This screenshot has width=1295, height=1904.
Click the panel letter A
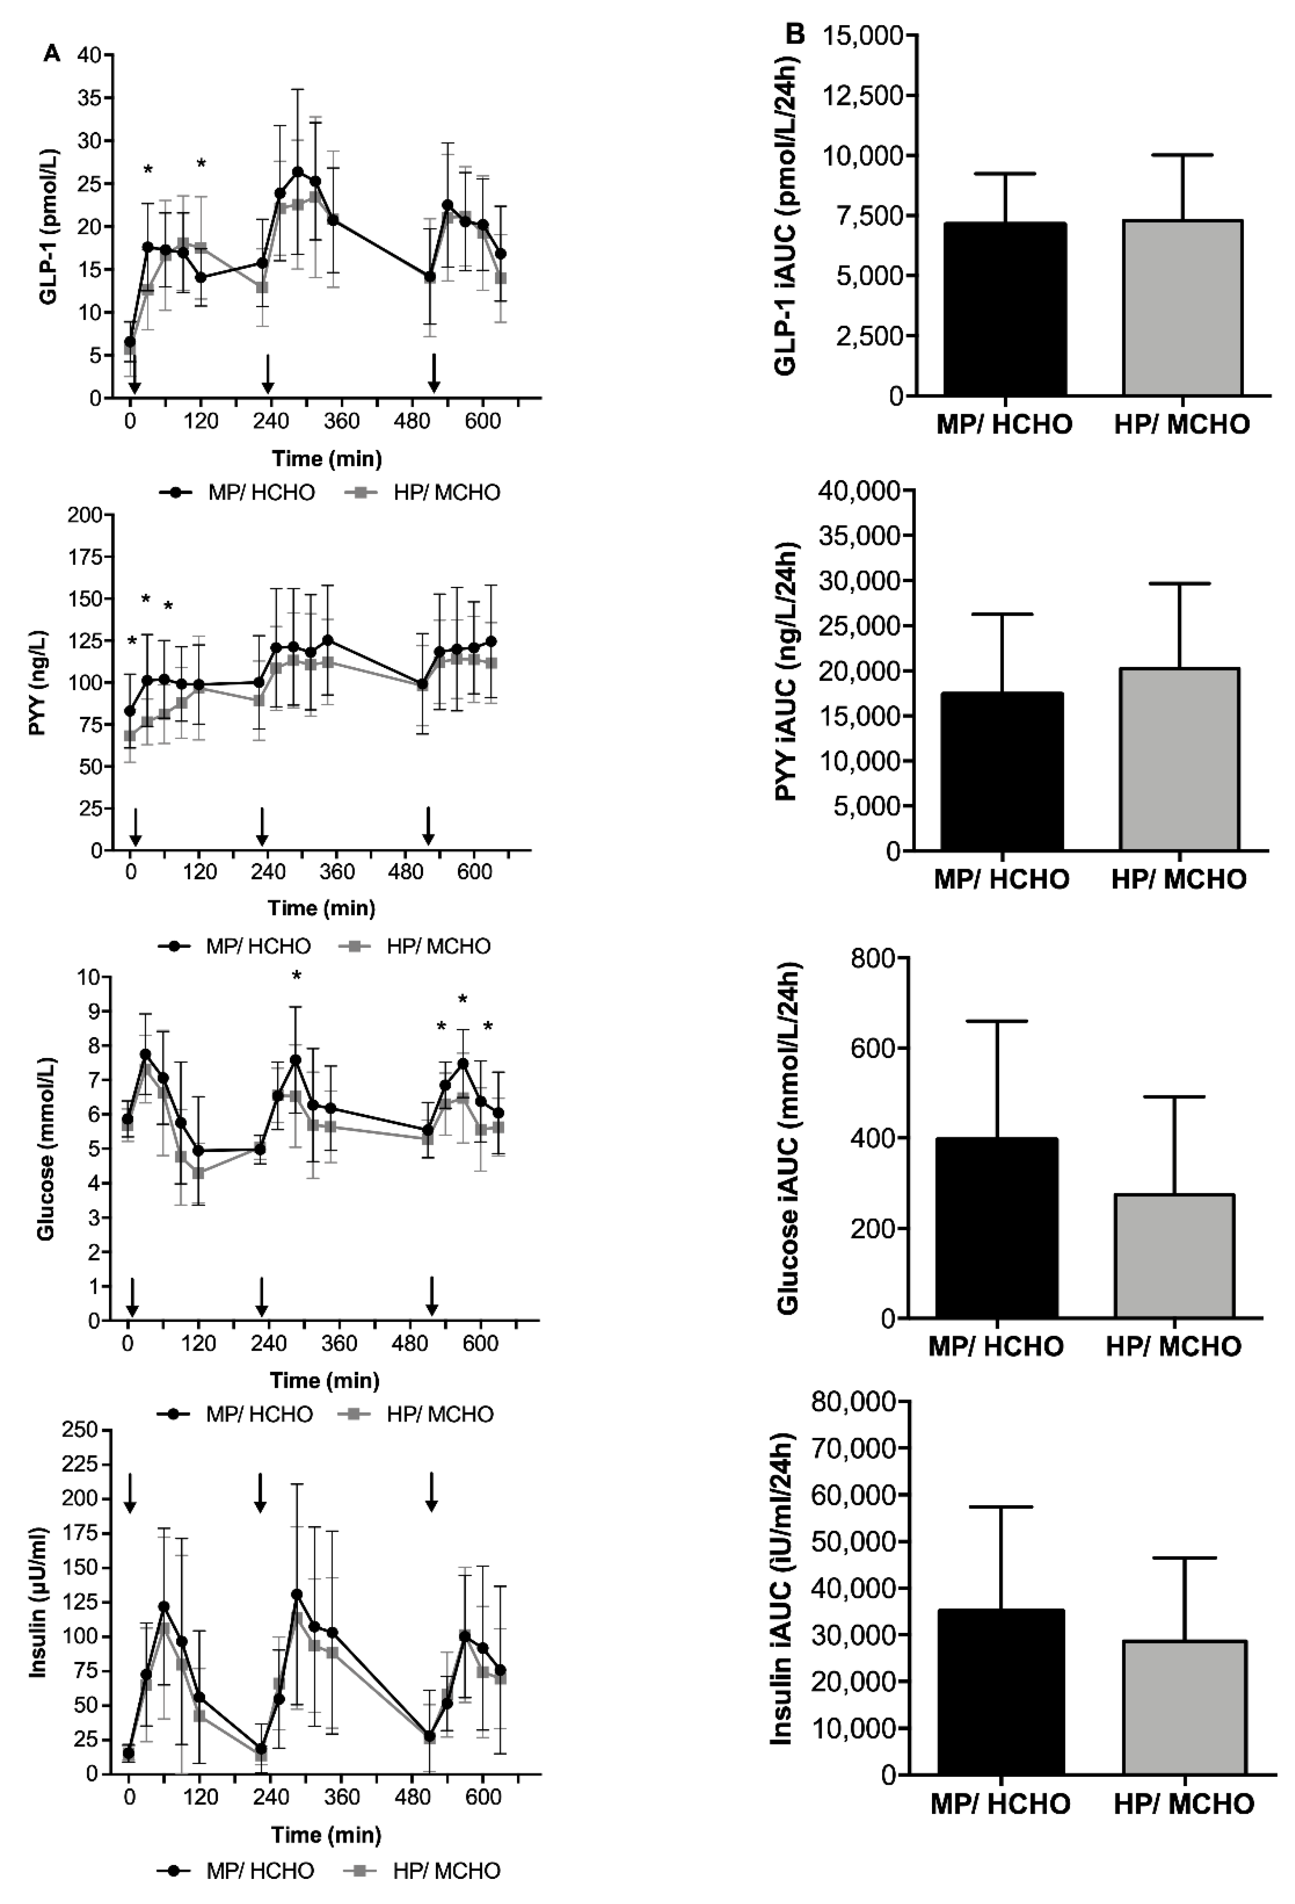(51, 54)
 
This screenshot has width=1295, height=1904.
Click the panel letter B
(795, 34)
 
